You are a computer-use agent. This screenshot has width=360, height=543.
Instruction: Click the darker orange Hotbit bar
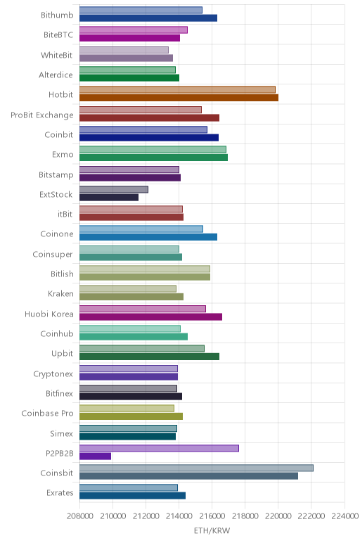[179, 98]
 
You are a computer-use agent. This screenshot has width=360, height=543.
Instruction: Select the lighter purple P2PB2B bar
[159, 448]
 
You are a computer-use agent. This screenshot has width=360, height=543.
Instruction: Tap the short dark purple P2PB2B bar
[95, 456]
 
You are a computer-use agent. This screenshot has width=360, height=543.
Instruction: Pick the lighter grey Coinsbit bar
[196, 468]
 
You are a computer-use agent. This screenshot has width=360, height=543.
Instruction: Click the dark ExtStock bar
[109, 197]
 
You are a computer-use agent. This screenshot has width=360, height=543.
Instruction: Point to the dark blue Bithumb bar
[148, 18]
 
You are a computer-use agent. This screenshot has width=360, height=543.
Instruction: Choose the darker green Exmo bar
[153, 158]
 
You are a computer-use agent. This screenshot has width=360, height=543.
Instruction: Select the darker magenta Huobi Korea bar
[150, 317]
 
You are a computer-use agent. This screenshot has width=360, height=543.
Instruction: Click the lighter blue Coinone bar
[141, 229]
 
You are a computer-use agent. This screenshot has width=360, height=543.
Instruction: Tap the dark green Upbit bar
[149, 357]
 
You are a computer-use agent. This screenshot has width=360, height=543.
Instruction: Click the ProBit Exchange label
[42, 115]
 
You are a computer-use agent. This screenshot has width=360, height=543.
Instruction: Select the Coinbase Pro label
[47, 413]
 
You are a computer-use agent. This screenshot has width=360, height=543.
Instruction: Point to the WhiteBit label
[56, 55]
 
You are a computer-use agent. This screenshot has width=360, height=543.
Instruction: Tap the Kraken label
[60, 294]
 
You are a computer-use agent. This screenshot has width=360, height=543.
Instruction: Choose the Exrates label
[60, 492]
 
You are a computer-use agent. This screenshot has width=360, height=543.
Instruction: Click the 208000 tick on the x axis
[79, 516]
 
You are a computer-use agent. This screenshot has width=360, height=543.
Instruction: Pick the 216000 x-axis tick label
[212, 516]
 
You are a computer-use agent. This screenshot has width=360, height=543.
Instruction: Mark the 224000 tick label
[345, 516]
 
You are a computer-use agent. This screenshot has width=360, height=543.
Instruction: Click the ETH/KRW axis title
[212, 530]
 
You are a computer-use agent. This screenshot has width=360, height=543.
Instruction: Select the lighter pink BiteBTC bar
[134, 30]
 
